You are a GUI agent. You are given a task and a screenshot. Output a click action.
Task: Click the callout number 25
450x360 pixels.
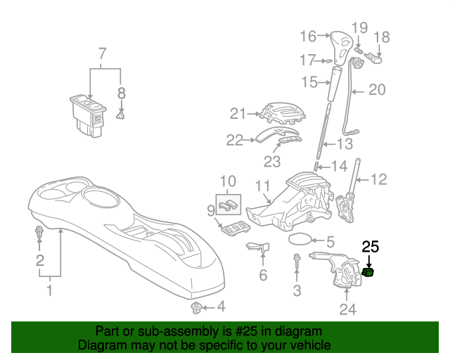click(x=370, y=247)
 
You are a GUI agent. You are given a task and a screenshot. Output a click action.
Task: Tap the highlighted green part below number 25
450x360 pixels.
click(x=368, y=272)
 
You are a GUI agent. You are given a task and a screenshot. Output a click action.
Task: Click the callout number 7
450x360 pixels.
click(x=103, y=53)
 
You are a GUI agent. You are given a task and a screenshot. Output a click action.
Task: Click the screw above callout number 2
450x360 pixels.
click(x=39, y=233)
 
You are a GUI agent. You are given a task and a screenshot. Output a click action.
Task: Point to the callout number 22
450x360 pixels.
click(x=234, y=140)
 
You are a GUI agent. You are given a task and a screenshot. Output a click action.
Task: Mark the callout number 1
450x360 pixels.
click(x=49, y=290)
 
